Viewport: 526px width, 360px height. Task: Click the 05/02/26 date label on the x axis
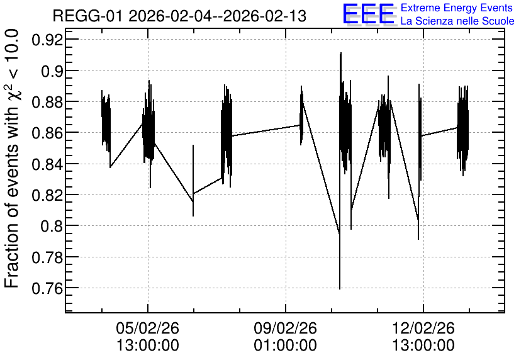(148, 328)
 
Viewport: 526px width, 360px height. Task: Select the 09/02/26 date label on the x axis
(286, 328)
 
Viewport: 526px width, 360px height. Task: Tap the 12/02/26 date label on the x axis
(423, 328)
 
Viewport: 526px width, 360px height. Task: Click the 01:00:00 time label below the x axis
(286, 346)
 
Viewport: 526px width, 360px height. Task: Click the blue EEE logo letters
(368, 14)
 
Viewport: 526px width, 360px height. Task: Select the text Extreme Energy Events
(457, 8)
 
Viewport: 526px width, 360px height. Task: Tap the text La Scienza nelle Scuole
(457, 21)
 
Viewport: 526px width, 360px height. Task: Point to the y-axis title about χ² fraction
(12, 159)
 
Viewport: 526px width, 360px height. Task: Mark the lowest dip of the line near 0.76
(340, 288)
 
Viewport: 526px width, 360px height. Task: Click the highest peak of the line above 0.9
(341, 53)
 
